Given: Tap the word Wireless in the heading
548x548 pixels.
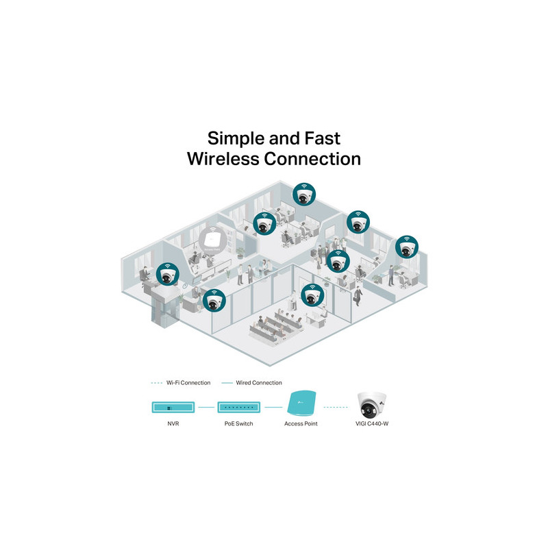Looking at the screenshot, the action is tap(223, 159).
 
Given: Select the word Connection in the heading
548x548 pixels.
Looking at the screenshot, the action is tap(312, 159).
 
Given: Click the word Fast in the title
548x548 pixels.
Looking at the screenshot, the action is tap(322, 138).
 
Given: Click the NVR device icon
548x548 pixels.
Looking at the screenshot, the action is tap(173, 407).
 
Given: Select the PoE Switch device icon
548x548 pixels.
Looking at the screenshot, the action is tap(238, 407).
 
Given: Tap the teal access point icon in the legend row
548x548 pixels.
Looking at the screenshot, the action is tap(301, 403).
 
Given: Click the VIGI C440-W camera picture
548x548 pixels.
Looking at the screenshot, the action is tap(372, 405).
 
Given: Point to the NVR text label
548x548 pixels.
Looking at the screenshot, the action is tap(173, 423).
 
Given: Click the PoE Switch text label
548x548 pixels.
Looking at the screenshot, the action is tap(238, 423).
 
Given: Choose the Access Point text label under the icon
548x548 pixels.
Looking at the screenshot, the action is tap(301, 423).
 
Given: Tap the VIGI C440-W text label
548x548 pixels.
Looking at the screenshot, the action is tap(372, 423).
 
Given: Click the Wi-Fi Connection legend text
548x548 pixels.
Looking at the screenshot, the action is tap(188, 383).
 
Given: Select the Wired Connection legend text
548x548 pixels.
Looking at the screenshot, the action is tap(259, 383).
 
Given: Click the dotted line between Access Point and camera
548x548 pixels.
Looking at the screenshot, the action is tap(336, 407).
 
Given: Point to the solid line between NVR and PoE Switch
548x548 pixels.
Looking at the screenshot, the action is tap(206, 407).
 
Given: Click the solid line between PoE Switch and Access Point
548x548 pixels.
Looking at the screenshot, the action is tap(273, 407).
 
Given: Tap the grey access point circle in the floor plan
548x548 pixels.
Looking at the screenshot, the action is tap(212, 240).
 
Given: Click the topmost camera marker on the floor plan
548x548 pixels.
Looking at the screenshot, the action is tap(304, 195).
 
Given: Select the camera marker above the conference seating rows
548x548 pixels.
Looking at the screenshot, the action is tap(313, 295).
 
